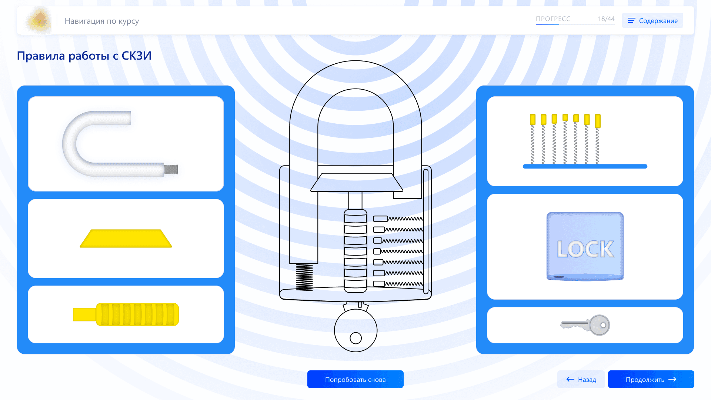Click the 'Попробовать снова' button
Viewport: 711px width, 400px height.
(355, 379)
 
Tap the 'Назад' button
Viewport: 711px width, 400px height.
(581, 379)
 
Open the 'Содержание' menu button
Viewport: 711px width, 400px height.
(652, 21)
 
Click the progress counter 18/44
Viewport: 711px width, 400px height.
(606, 19)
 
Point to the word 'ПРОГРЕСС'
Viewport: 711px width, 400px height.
(553, 19)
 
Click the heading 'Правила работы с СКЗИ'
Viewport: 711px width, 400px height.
(84, 56)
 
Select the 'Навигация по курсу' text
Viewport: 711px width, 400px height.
(102, 21)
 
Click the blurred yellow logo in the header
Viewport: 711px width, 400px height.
(39, 20)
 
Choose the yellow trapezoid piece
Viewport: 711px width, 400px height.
(126, 239)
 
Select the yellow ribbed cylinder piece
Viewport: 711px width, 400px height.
(126, 314)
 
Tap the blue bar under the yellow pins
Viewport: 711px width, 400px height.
(585, 166)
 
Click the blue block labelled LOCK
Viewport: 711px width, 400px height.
(585, 246)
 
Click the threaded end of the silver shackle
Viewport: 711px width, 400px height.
(171, 170)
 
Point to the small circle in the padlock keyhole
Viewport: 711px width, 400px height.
(356, 338)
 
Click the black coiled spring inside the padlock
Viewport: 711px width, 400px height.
(304, 277)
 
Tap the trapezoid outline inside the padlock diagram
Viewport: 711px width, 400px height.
(357, 182)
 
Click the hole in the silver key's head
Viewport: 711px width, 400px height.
(603, 325)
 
